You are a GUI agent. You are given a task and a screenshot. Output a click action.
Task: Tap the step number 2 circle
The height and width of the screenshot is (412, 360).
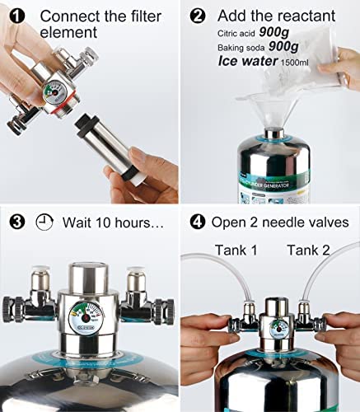198,15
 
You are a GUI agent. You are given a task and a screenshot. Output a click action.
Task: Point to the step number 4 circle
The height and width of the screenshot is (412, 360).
198,222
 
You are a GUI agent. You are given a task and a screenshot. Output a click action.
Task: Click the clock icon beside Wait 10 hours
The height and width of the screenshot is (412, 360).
44,222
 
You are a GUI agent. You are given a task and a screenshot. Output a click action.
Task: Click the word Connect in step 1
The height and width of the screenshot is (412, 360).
68,16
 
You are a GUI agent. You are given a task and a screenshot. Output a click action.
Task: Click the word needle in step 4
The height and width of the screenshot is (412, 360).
290,222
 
